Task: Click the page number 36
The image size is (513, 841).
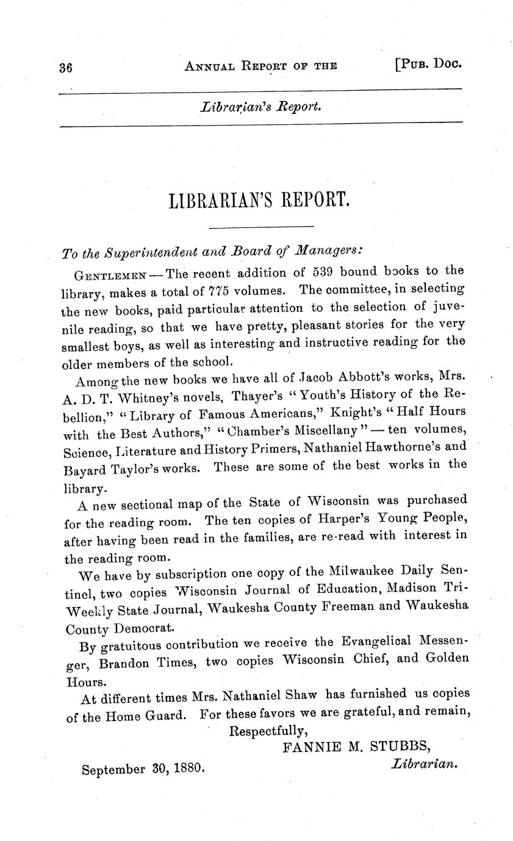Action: coord(65,68)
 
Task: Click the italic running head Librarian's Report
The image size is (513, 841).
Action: coord(260,107)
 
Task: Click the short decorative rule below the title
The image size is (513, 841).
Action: coord(261,227)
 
